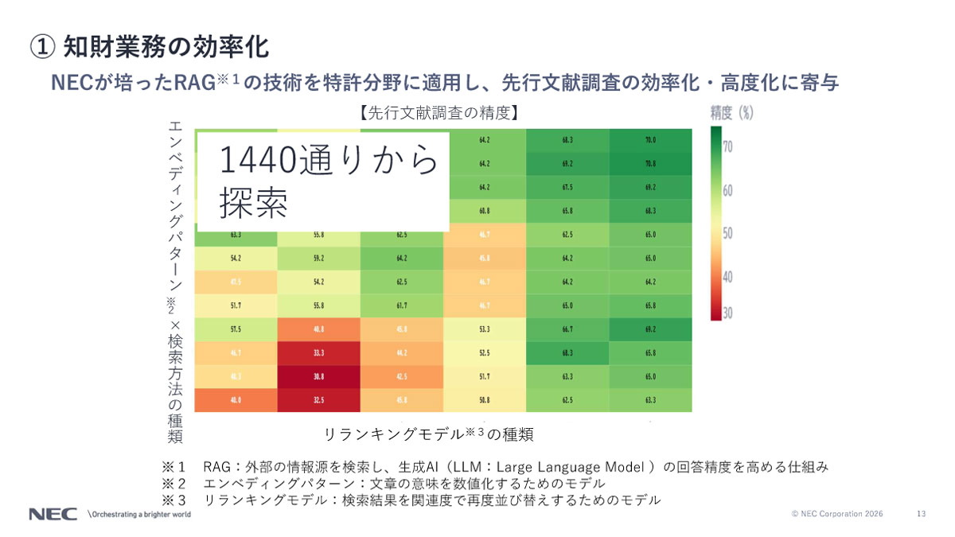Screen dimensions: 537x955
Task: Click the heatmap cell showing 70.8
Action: [650, 164]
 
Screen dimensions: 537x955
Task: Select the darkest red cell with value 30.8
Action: [318, 376]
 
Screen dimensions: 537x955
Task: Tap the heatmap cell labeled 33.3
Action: [318, 353]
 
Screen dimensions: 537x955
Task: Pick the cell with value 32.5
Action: [318, 400]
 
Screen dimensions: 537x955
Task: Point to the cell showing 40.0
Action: [236, 400]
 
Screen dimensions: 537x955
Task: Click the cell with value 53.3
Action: [484, 329]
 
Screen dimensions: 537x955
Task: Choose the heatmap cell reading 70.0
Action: [650, 140]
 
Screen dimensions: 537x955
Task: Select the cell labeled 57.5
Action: [236, 329]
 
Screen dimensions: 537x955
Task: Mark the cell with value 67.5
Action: [567, 188]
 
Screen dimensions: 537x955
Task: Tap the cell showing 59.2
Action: [318, 259]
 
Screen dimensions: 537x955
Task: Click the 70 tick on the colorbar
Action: [727, 147]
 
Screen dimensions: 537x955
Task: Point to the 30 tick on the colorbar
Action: [727, 313]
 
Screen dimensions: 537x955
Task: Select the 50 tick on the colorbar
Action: [727, 233]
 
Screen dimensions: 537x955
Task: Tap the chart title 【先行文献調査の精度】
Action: [437, 113]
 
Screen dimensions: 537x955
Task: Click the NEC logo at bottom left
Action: [53, 514]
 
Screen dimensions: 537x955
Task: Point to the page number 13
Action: [922, 514]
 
